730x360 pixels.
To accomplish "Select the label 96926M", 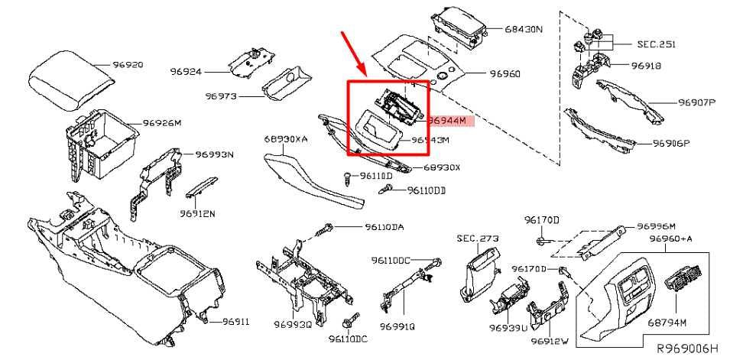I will [162, 122].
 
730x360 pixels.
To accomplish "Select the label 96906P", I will [670, 143].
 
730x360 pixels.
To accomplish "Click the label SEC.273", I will [477, 238].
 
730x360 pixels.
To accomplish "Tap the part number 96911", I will [235, 322].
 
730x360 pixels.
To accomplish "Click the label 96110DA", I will [384, 227].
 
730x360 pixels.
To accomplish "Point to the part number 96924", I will [184, 71].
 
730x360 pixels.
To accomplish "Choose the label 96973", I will [221, 97].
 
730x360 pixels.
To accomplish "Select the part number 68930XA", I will [286, 140].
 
